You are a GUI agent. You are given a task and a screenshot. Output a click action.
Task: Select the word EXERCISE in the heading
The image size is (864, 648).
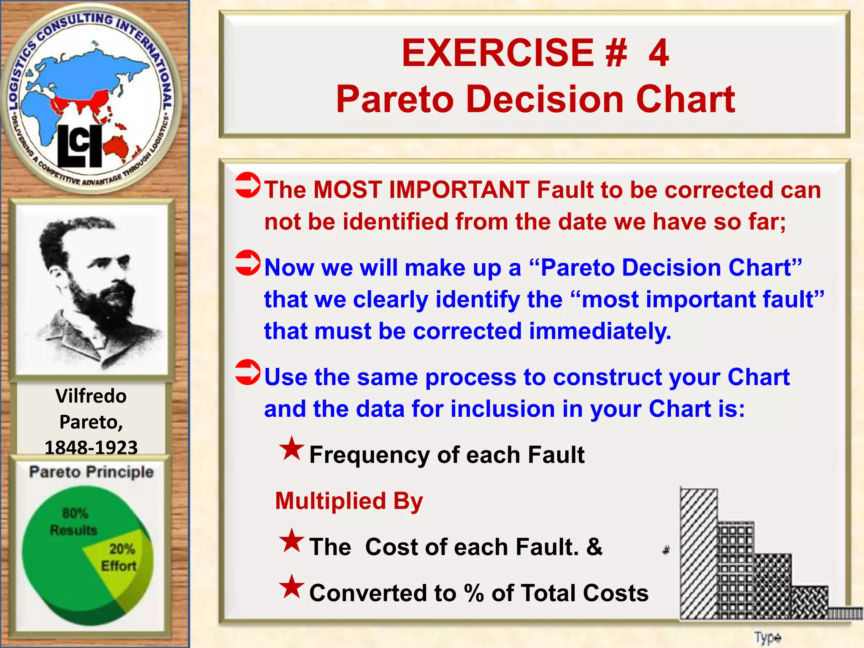498,53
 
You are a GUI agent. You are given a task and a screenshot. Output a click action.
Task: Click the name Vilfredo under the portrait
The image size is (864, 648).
91,396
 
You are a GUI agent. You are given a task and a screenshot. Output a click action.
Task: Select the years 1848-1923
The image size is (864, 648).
91,447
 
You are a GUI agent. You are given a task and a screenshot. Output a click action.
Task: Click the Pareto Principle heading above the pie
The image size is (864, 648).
91,472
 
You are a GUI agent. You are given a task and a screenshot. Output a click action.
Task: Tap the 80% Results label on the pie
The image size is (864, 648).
74,521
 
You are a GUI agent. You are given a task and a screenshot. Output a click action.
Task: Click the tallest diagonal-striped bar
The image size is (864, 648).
699,553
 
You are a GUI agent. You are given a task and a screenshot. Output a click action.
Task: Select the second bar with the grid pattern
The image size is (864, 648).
736,570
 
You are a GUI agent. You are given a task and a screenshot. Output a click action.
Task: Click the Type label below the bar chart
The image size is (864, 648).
767,637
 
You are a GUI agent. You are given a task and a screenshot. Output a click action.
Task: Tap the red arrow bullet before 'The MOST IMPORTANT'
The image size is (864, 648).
248,185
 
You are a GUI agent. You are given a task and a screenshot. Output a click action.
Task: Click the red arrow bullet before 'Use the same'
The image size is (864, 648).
248,372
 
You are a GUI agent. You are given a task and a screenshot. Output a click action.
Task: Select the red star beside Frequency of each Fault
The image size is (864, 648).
292,449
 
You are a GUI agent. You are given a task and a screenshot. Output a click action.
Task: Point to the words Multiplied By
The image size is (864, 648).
349,501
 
